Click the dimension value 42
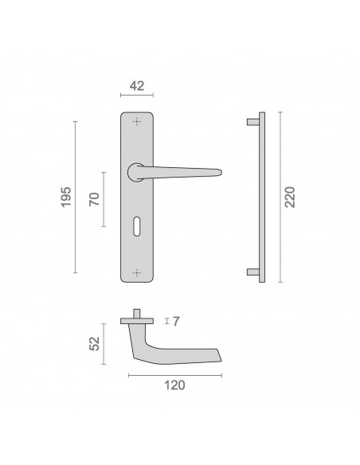[x=137, y=86]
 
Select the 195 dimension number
[x=66, y=197]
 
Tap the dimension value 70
[x=95, y=199]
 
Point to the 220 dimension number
[x=290, y=197]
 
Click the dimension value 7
[x=176, y=322]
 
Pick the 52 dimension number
[x=95, y=344]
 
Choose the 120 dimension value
[x=174, y=385]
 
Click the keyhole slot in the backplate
[x=137, y=226]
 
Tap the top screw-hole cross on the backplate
[x=137, y=122]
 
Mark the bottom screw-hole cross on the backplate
[x=137, y=273]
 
